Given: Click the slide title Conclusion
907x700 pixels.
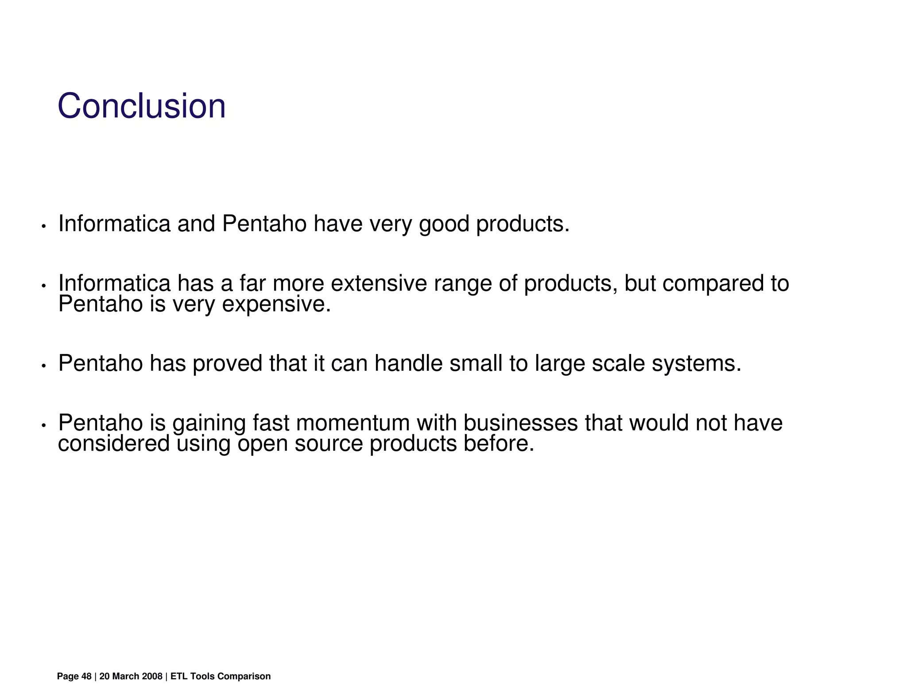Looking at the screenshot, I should point(141,106).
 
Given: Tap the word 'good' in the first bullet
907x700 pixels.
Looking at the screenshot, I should point(444,224).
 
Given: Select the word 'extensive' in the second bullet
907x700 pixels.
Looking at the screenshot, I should point(379,283).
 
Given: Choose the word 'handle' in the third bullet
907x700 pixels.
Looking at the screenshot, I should point(408,364).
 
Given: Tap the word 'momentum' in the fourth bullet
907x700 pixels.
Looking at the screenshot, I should point(353,423).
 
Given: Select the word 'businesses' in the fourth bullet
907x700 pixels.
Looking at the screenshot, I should point(520,423).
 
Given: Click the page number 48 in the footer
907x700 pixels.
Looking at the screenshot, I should point(86,677).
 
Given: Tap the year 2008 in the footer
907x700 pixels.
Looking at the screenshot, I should point(152,677).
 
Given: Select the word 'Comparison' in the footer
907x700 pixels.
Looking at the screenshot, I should point(244,677).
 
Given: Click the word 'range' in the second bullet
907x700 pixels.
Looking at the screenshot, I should point(462,283).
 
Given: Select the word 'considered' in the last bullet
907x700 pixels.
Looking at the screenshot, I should point(114,443).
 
